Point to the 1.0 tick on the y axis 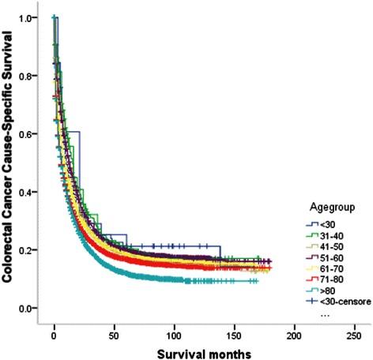pos(29,17)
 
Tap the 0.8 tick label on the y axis pos(29,76)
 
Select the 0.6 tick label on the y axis pos(29,134)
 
